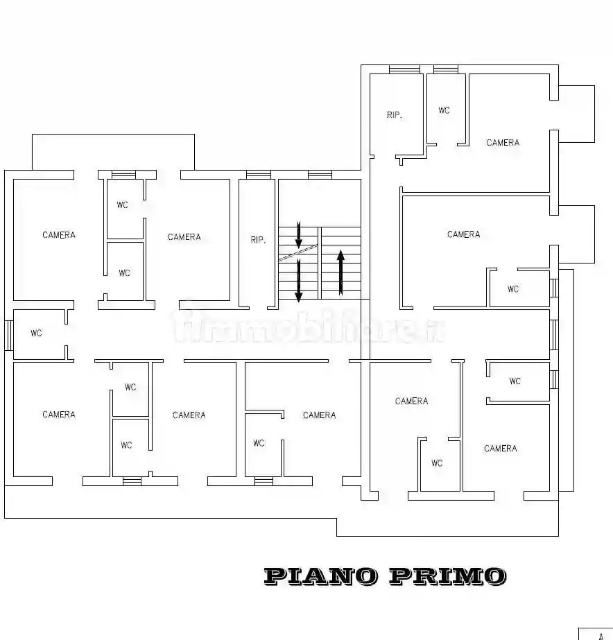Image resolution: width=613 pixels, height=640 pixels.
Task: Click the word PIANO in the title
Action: tap(321, 576)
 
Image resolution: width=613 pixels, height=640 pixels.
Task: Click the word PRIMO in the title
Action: tap(447, 576)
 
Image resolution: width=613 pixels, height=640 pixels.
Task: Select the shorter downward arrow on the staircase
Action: tap(298, 235)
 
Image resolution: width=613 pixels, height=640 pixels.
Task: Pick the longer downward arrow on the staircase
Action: tap(298, 280)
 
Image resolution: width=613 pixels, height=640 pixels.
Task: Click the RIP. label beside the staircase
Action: tap(258, 241)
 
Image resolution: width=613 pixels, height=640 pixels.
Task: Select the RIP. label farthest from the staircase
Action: tap(394, 115)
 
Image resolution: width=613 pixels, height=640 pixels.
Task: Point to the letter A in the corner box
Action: tap(601, 635)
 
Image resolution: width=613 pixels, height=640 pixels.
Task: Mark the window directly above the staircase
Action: tap(320, 175)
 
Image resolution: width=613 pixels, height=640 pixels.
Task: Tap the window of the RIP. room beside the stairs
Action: tap(258, 175)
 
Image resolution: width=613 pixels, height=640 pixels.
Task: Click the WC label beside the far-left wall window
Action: tap(36, 334)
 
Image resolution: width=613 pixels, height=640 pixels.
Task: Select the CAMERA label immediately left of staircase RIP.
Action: tap(184, 237)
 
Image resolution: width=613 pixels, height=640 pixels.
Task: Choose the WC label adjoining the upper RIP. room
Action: tap(444, 110)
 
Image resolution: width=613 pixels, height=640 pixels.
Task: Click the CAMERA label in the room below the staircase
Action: tap(319, 415)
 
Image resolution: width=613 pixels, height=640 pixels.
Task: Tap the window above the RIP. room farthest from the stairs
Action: tap(404, 69)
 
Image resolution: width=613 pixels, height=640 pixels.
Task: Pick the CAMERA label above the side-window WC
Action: tap(59, 235)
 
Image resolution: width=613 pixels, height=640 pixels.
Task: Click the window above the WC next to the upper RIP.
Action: tap(445, 69)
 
